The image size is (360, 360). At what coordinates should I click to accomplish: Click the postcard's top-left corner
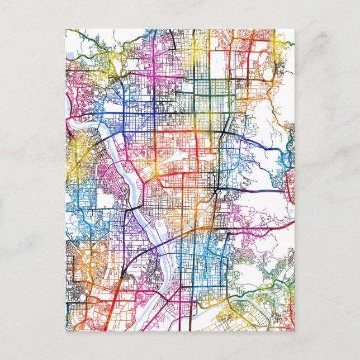tap(66, 29)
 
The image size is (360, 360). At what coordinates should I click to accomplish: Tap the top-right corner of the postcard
tap(295, 29)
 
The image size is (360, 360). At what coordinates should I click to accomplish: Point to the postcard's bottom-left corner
tap(66, 331)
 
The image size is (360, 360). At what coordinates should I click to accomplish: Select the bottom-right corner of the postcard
tap(295, 331)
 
